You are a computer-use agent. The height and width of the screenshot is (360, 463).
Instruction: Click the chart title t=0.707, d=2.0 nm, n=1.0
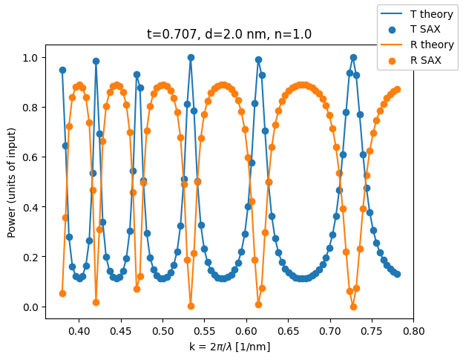[229, 34]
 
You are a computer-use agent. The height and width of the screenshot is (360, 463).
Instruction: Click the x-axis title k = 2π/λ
[229, 347]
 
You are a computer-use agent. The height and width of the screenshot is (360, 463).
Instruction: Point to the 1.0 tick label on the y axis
[31, 58]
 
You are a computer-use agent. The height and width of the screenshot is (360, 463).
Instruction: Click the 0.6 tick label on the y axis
[31, 157]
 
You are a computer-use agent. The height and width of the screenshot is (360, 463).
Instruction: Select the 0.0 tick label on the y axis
[31, 307]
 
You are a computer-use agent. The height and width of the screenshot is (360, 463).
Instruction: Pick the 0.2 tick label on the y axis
[31, 258]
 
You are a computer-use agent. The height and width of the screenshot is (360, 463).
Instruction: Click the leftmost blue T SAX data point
[62, 70]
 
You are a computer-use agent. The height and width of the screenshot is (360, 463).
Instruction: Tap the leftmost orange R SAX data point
[62, 293]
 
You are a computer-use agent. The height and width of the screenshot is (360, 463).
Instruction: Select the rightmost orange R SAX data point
[397, 89]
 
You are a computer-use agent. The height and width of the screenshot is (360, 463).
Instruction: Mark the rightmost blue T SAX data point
[397, 274]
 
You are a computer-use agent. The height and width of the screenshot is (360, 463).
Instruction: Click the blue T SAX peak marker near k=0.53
[191, 57]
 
